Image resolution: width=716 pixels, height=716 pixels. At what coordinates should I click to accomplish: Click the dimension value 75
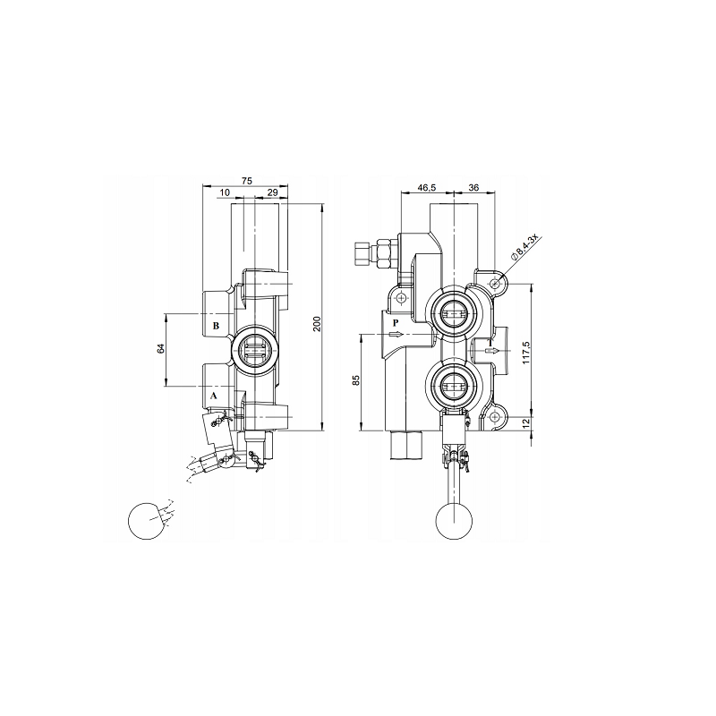tap(247, 181)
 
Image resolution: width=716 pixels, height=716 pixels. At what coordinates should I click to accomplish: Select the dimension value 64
tap(160, 348)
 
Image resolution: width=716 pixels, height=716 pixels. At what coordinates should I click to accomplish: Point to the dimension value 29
tap(272, 192)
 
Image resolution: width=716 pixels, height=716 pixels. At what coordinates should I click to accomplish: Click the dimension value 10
tap(225, 192)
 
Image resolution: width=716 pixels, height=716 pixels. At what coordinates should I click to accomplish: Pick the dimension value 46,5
tap(427, 187)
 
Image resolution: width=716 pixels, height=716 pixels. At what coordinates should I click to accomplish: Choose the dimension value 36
tap(473, 187)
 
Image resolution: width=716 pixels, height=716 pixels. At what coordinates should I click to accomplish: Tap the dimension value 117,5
tap(525, 352)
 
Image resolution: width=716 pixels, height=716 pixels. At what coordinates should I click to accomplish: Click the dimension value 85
tap(356, 379)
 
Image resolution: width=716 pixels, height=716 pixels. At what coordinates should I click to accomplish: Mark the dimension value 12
tap(525, 422)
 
